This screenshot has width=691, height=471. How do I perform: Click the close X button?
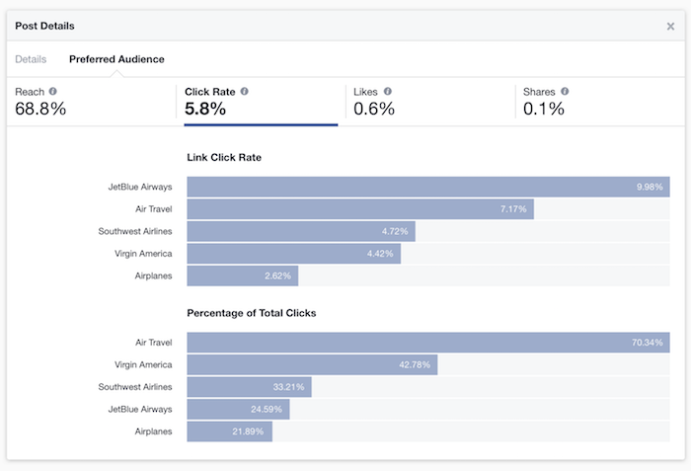click(x=670, y=26)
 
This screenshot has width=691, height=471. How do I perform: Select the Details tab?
click(x=31, y=59)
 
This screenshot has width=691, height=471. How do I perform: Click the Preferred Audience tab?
click(x=116, y=59)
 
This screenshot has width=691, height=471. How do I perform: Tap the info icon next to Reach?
click(x=53, y=91)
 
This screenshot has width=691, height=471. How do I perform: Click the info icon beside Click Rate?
click(x=244, y=91)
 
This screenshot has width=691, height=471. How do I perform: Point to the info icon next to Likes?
click(x=388, y=91)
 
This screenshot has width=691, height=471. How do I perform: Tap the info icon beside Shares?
click(x=565, y=91)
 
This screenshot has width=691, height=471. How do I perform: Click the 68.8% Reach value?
click(x=40, y=109)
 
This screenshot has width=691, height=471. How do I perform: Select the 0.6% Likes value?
click(x=374, y=109)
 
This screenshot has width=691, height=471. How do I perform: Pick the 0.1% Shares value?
click(x=544, y=109)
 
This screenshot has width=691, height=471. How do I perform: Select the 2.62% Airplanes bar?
click(x=242, y=275)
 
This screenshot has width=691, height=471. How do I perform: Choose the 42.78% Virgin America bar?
click(x=312, y=364)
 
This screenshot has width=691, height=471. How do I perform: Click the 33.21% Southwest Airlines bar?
click(x=249, y=387)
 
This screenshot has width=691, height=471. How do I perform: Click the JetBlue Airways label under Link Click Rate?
click(x=141, y=187)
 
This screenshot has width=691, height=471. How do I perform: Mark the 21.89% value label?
click(x=252, y=432)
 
